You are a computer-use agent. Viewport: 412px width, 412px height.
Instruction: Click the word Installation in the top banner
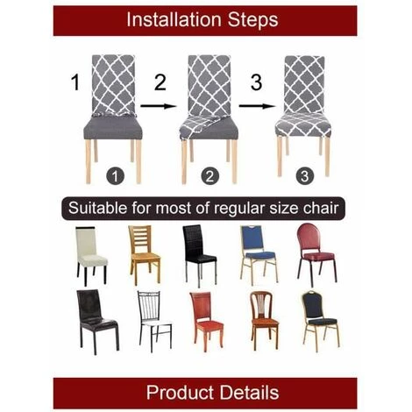(x=174, y=19)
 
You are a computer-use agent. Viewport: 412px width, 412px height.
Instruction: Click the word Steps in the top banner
(x=252, y=19)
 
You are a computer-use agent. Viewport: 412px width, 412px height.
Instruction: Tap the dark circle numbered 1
(x=115, y=176)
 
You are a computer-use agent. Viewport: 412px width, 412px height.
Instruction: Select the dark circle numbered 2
(x=210, y=176)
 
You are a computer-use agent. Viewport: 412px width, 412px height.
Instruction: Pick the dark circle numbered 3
(x=304, y=176)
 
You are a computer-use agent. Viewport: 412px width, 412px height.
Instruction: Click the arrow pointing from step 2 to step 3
(x=257, y=106)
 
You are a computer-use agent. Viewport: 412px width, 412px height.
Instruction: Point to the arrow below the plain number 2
(x=159, y=106)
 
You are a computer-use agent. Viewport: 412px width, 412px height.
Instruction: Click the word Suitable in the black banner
(x=98, y=208)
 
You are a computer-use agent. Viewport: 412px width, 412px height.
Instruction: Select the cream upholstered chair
(x=91, y=256)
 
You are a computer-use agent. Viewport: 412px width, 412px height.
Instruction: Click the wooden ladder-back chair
(x=145, y=255)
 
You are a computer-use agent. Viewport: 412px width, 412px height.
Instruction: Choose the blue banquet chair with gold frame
(x=259, y=255)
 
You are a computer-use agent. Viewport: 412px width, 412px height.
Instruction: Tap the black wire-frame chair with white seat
(x=154, y=321)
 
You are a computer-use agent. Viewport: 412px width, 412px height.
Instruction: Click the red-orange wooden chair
(x=207, y=321)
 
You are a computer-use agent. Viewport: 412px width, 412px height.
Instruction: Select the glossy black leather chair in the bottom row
(x=97, y=322)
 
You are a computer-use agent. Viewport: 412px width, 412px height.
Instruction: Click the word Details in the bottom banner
(x=249, y=392)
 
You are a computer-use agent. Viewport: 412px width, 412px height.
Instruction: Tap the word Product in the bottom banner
(x=180, y=392)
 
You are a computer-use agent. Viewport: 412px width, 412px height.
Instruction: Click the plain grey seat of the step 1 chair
(x=113, y=128)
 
